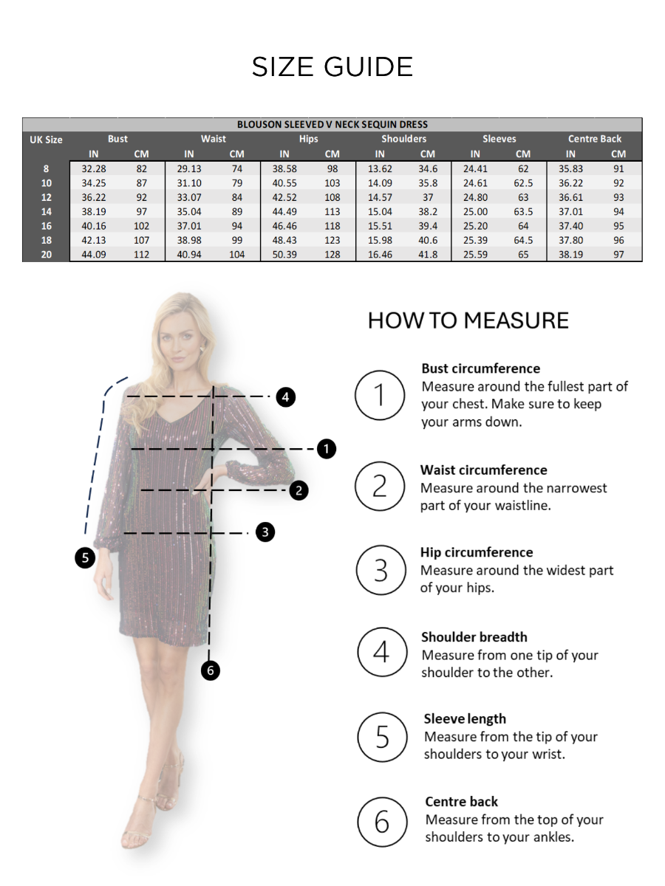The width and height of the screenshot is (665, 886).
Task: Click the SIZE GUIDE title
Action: (x=332, y=67)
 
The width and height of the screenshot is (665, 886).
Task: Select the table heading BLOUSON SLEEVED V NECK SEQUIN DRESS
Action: (x=332, y=124)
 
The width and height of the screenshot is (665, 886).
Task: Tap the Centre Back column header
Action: (x=595, y=139)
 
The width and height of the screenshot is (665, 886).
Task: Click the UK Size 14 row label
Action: (x=46, y=211)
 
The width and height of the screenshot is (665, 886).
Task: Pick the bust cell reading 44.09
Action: (x=94, y=254)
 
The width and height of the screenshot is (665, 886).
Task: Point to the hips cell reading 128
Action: (x=332, y=254)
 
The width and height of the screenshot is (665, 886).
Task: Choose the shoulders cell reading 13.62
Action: (x=380, y=168)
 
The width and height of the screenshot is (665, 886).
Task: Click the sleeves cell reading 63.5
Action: (x=523, y=211)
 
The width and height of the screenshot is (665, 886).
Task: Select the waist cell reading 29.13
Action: (x=189, y=168)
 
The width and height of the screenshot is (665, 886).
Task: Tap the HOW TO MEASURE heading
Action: (x=468, y=320)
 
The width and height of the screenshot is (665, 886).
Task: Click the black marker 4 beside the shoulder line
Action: (x=286, y=397)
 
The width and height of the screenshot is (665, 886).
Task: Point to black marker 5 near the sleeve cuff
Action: (x=86, y=557)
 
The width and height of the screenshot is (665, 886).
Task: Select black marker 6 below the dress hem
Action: (x=211, y=670)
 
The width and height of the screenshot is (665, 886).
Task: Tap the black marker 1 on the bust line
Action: (x=326, y=448)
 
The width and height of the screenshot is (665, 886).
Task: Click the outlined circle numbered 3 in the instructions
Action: (x=381, y=569)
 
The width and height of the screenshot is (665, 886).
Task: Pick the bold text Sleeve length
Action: (x=465, y=718)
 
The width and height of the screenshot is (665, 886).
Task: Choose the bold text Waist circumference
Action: (x=484, y=470)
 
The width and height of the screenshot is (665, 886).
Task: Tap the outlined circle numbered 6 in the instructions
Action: (x=382, y=820)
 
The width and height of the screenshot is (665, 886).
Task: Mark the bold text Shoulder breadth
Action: (x=474, y=636)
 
